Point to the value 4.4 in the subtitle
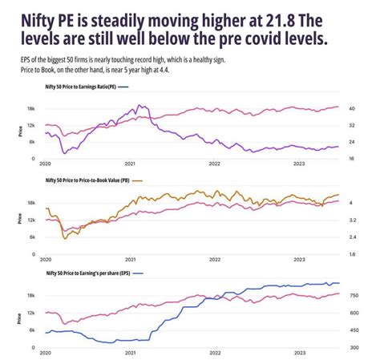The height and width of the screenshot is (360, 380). (x=179, y=70)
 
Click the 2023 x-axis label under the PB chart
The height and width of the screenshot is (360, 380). (x=299, y=260)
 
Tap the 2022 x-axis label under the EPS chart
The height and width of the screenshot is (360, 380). (x=215, y=354)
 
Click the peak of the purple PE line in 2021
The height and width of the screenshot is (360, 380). (x=141, y=105)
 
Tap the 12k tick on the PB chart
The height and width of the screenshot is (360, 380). (x=30, y=220)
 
